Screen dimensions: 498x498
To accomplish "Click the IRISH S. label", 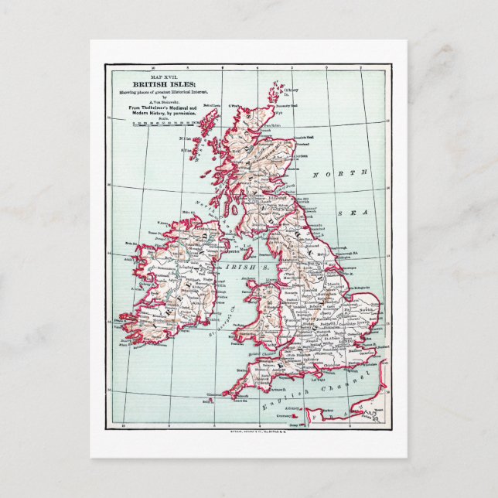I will pyautogui.click(x=241, y=265).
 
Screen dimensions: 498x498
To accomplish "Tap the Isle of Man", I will pyautogui.click(x=248, y=251).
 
